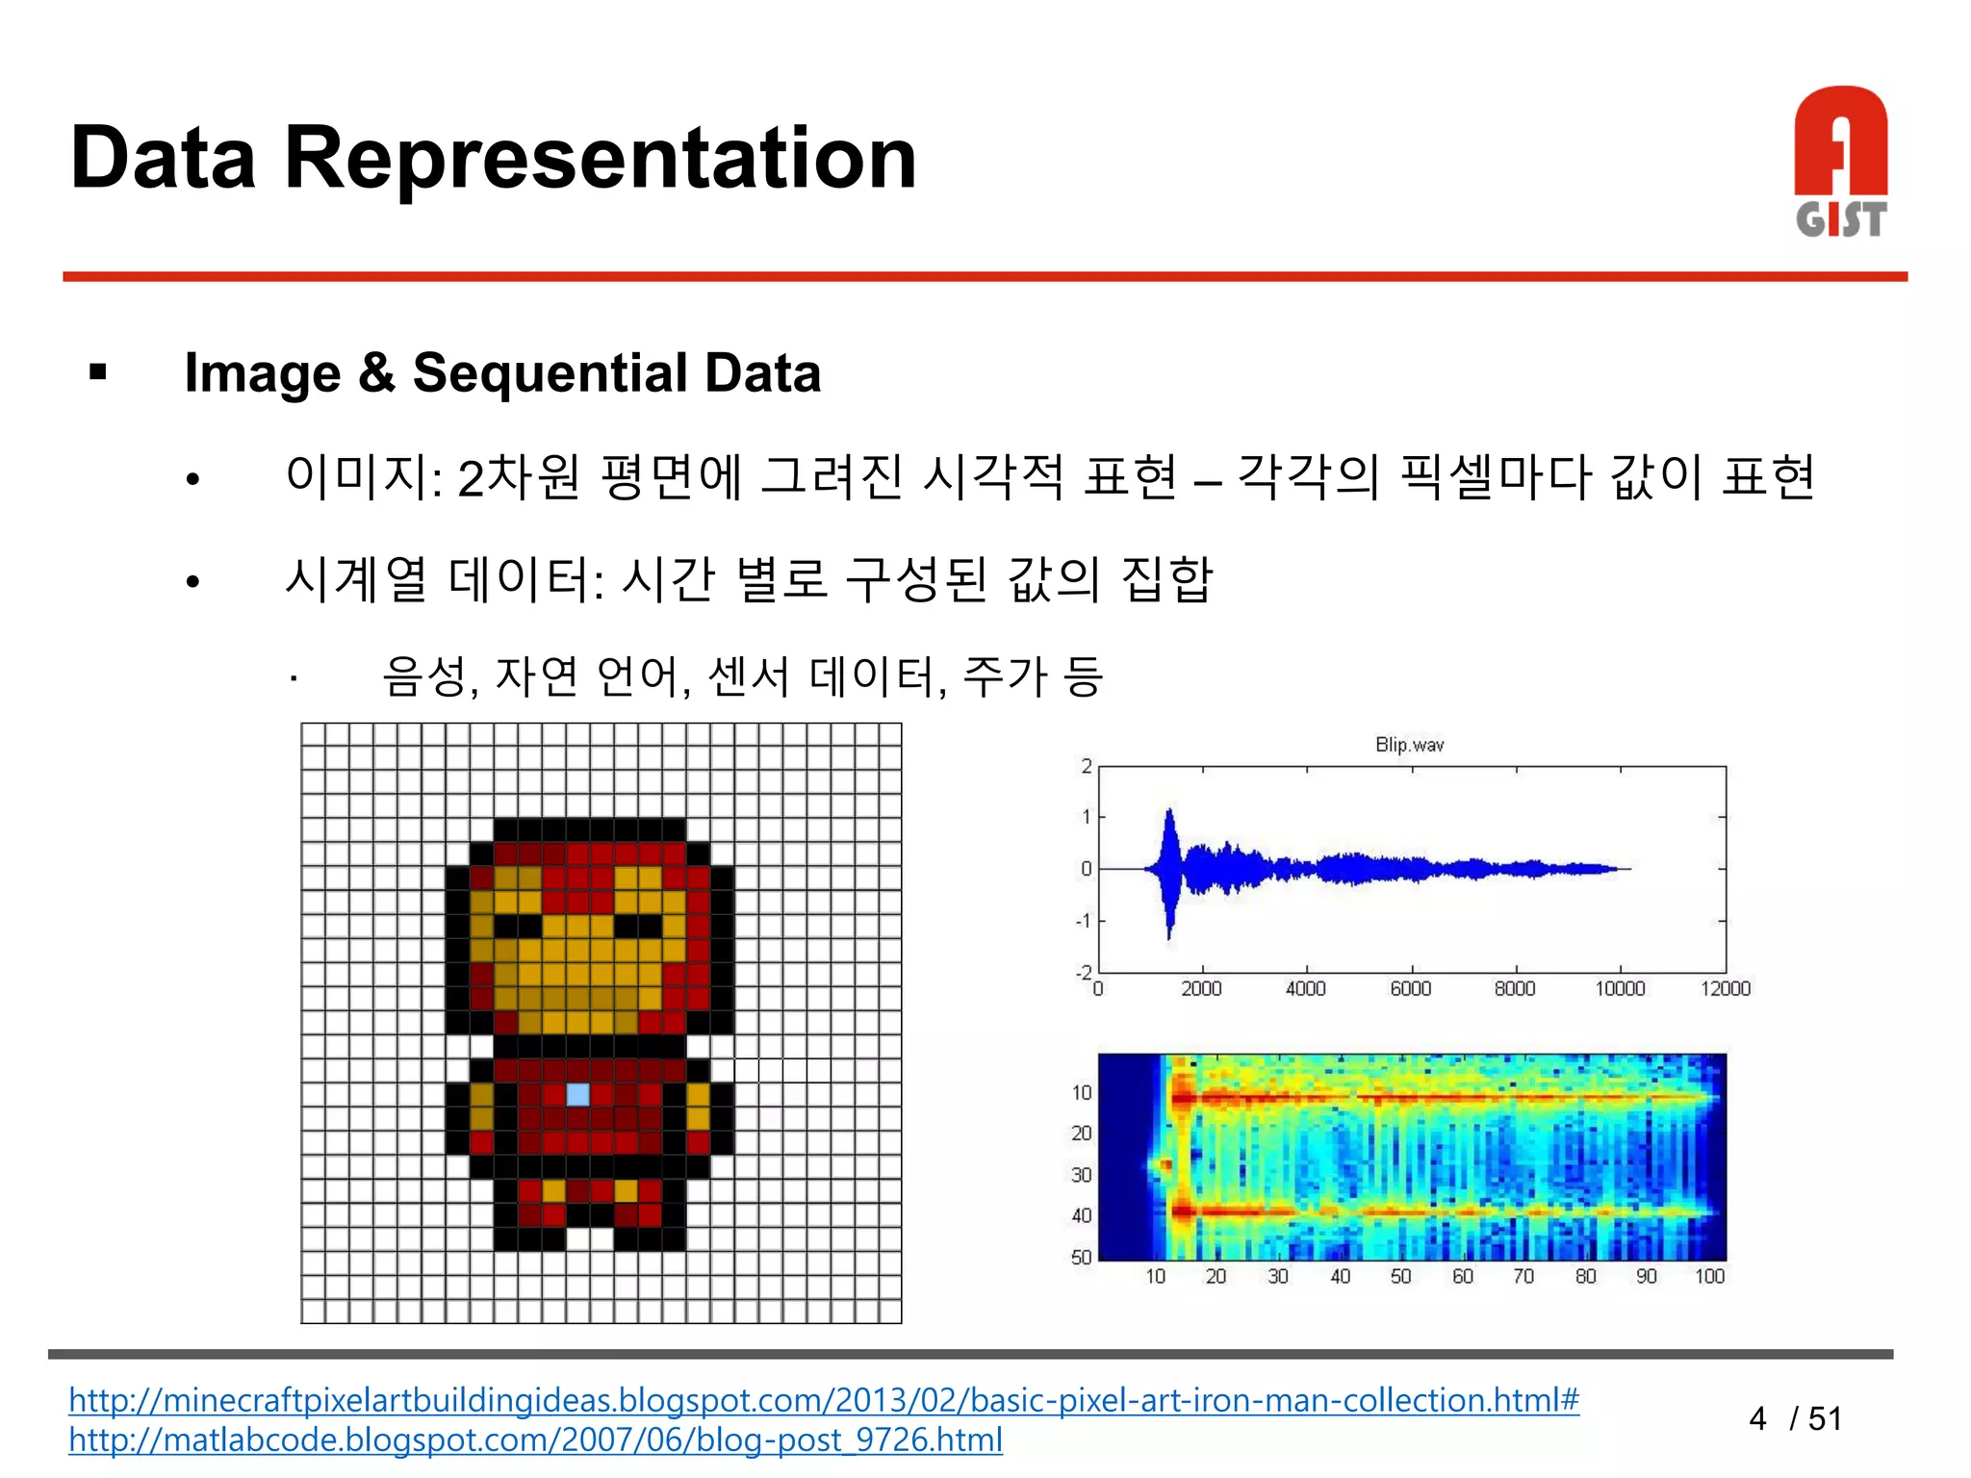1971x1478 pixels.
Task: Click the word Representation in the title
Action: pyautogui.click(x=600, y=160)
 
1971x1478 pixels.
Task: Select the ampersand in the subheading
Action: pyautogui.click(x=376, y=373)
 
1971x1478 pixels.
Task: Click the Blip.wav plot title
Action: pyautogui.click(x=1409, y=745)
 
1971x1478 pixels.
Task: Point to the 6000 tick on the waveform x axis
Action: pyautogui.click(x=1410, y=989)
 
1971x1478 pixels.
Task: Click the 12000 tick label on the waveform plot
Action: pyautogui.click(x=1725, y=989)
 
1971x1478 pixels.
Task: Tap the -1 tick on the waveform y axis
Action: pyautogui.click(x=1084, y=921)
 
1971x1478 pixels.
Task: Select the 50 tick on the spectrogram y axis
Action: pyautogui.click(x=1081, y=1257)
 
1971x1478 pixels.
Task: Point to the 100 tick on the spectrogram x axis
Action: pyautogui.click(x=1709, y=1277)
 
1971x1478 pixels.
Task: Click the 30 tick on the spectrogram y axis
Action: pyautogui.click(x=1081, y=1175)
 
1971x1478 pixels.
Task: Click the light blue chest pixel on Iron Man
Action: pyautogui.click(x=577, y=1094)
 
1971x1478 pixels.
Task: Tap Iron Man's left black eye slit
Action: pyautogui.click(x=518, y=926)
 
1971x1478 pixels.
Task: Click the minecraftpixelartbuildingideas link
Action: pyautogui.click(x=823, y=1400)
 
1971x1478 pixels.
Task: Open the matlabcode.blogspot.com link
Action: pyautogui.click(x=535, y=1440)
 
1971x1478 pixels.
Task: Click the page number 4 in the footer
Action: pyautogui.click(x=1757, y=1418)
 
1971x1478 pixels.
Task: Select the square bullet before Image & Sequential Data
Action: pyautogui.click(x=97, y=372)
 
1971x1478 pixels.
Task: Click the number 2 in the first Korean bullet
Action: pyautogui.click(x=470, y=478)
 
